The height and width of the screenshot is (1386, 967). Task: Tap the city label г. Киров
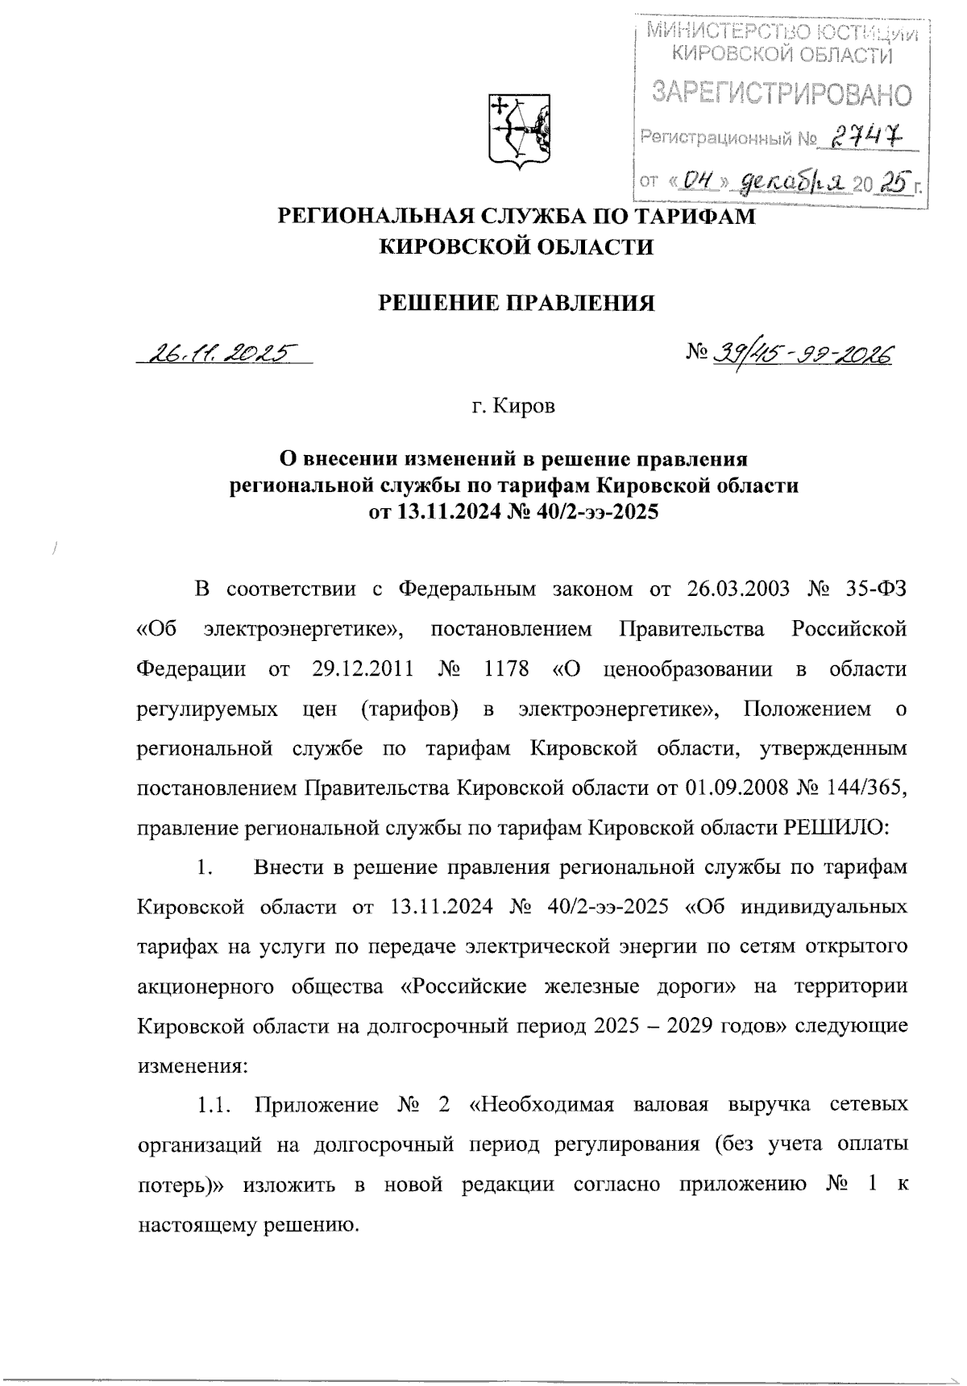pos(513,408)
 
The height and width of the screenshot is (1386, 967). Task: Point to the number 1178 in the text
pos(506,669)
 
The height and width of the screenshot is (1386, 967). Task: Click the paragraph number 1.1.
pos(212,1105)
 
